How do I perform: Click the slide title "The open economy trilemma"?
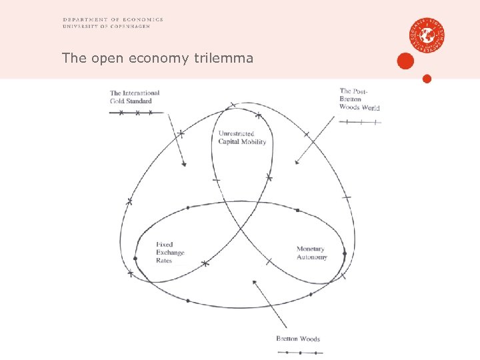[x=157, y=58]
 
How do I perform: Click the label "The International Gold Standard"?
[x=135, y=97]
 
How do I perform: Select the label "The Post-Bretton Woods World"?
[x=359, y=99]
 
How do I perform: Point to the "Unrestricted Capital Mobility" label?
[x=242, y=138]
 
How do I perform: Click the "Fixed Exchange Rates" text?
[x=170, y=253]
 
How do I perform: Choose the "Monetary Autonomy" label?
[x=311, y=253]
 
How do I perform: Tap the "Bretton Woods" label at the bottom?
[x=298, y=339]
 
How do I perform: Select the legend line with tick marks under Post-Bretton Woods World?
[x=360, y=122]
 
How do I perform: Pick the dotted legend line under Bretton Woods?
[x=299, y=352]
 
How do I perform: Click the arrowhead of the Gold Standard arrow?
[x=185, y=165]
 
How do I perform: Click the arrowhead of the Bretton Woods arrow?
[x=255, y=283]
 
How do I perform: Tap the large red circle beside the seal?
[x=405, y=61]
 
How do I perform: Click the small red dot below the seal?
[x=427, y=79]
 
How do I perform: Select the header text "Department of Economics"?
[x=113, y=20]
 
